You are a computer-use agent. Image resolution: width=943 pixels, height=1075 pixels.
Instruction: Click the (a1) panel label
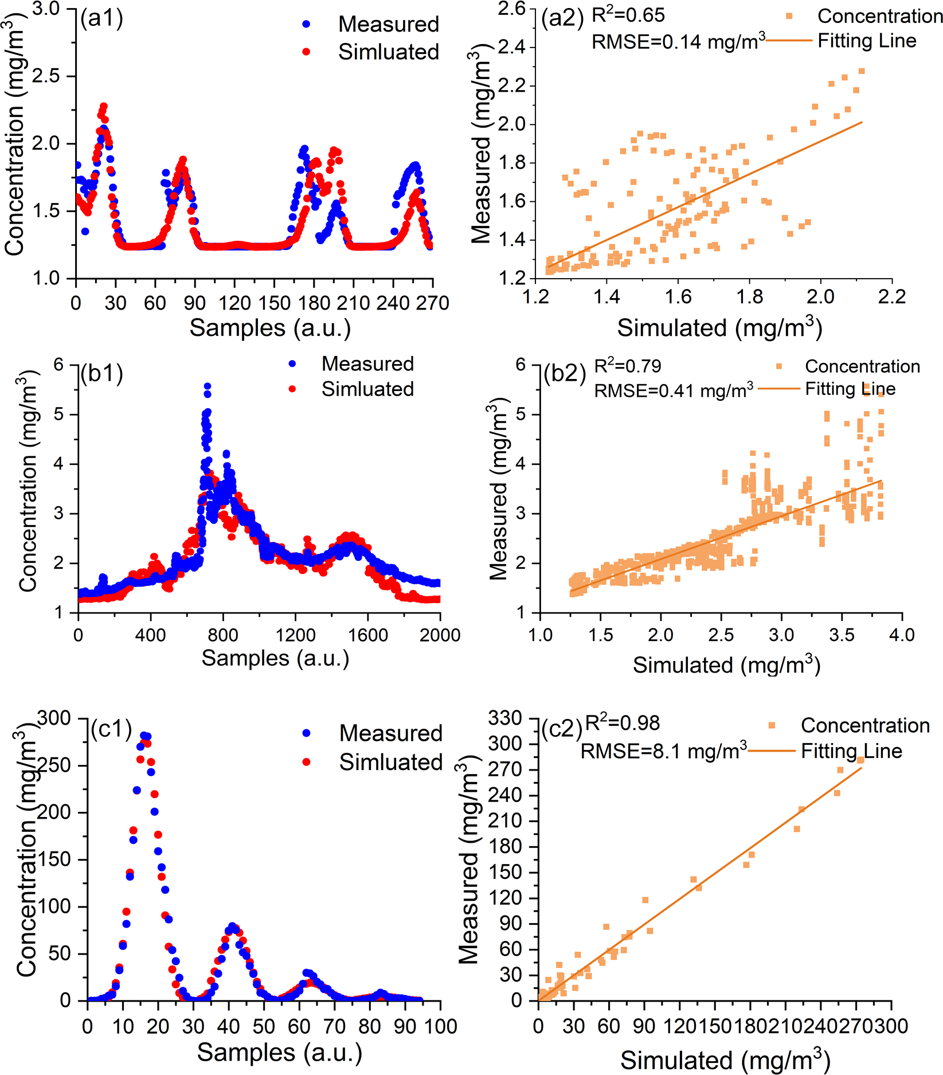(x=101, y=19)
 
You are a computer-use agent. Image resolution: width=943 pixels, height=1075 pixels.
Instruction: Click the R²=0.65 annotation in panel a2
(x=628, y=15)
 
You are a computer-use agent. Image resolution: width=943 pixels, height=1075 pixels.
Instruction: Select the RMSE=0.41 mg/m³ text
(x=673, y=391)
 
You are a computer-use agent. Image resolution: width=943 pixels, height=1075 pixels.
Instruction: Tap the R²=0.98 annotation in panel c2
(x=622, y=724)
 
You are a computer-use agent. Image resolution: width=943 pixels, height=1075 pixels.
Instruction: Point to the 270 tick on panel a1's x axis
(x=433, y=303)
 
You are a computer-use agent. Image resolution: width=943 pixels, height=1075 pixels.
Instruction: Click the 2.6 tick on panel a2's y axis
(x=511, y=9)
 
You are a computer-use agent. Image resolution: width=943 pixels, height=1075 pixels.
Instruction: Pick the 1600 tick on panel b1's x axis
(x=367, y=635)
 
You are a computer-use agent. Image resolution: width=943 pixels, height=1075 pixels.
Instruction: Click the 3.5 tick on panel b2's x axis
(x=842, y=635)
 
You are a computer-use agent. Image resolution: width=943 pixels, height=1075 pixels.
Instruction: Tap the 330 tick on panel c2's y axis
(x=505, y=718)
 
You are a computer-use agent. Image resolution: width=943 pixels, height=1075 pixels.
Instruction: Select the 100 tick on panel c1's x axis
(x=440, y=1026)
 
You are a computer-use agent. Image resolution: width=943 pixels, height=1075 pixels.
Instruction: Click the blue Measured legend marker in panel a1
(x=306, y=24)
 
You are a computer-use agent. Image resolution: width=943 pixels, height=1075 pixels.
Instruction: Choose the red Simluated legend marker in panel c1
(x=307, y=762)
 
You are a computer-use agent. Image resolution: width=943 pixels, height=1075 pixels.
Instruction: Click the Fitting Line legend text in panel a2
(x=867, y=41)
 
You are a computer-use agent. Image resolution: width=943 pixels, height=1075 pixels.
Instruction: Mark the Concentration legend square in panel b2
(x=779, y=366)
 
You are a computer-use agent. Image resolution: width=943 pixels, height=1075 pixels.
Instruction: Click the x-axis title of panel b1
(x=275, y=658)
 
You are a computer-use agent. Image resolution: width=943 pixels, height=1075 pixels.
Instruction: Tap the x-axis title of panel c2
(x=725, y=1060)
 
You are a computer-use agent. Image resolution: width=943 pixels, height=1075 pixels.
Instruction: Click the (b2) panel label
(x=564, y=374)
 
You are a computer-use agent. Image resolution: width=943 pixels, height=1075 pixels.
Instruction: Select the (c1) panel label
(x=111, y=729)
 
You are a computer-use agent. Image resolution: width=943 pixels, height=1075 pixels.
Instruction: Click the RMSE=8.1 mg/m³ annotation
(x=663, y=750)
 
